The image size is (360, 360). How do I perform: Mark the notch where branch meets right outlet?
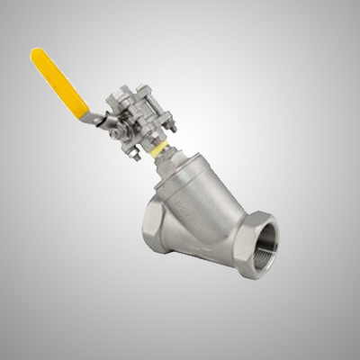point(225,202)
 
